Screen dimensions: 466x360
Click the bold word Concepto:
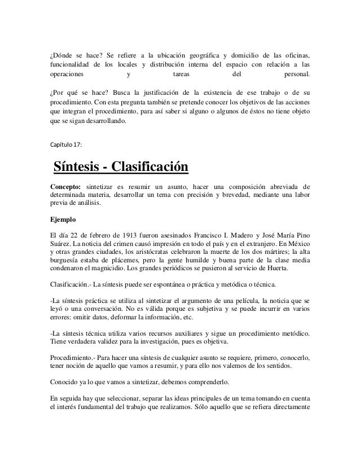click(x=65, y=187)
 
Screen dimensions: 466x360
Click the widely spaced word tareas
click(x=181, y=73)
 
